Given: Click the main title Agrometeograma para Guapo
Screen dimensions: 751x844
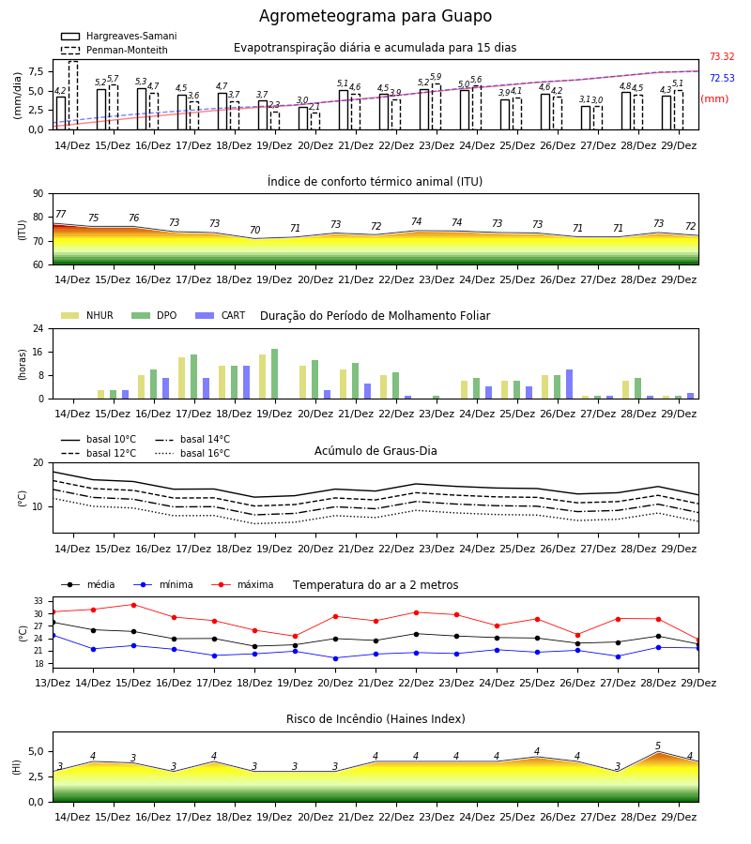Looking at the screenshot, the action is coord(375,16).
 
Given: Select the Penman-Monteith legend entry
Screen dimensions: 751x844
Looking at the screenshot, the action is coord(115,50).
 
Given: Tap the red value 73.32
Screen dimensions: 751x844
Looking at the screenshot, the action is coord(722,56).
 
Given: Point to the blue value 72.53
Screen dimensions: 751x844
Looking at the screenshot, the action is coord(722,78).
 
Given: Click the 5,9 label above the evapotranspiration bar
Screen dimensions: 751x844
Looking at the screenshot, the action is coord(436,77).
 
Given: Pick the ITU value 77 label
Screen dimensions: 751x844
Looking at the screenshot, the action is coord(60,214).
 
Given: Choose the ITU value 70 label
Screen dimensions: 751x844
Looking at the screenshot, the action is coord(254,230).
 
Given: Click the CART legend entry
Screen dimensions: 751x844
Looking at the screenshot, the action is coord(221,315).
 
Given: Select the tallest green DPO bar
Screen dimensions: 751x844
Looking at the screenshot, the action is coord(275,374).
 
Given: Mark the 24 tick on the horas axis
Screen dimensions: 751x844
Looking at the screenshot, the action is coord(38,328).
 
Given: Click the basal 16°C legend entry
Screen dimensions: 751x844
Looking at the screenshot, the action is coord(192,453).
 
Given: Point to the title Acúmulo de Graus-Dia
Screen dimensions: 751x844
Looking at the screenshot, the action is coord(375,451).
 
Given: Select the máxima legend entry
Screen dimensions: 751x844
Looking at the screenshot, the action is coord(242,584).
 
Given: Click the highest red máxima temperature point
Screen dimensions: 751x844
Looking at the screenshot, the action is coord(133,605).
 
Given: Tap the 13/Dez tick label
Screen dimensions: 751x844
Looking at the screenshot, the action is coord(53,683).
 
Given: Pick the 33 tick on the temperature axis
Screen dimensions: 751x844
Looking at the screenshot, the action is coord(38,601).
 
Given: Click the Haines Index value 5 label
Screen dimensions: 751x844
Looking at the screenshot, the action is coord(658,746).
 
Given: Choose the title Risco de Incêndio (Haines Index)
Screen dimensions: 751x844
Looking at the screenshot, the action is coord(375,719).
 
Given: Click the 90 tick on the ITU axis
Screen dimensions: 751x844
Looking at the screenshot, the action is coord(38,194).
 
